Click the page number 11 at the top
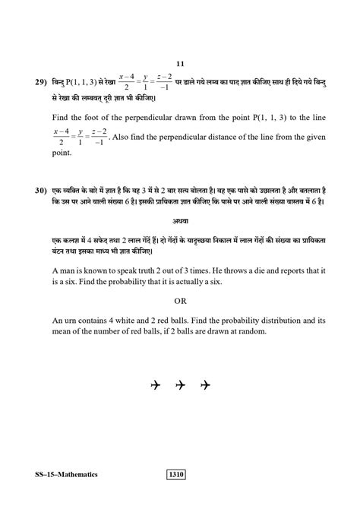pyautogui.click(x=180, y=65)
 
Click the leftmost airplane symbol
pyautogui.click(x=156, y=386)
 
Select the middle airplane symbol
pyautogui.click(x=180, y=386)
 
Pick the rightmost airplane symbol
pyautogui.click(x=204, y=386)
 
